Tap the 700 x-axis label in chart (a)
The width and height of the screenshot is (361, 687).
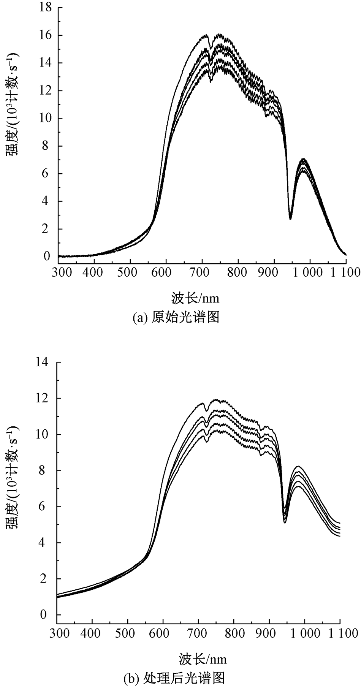click(x=202, y=273)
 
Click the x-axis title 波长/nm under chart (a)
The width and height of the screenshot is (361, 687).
click(x=195, y=298)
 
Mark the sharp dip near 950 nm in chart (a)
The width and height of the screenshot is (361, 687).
click(x=290, y=218)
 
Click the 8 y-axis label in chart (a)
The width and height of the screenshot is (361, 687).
click(x=46, y=146)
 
